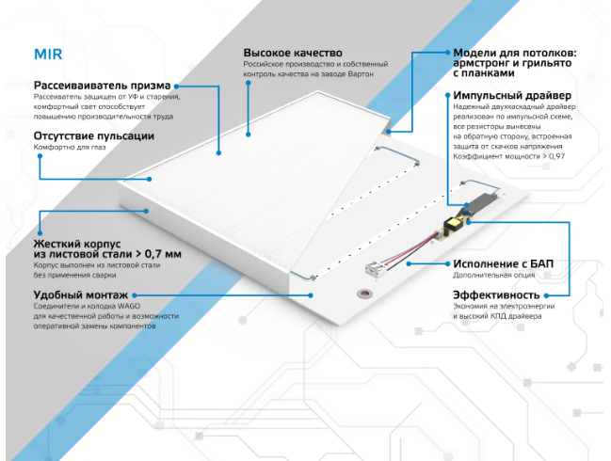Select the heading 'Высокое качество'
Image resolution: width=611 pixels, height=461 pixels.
point(286,53)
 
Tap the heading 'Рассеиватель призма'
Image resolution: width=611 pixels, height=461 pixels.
point(89,85)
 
